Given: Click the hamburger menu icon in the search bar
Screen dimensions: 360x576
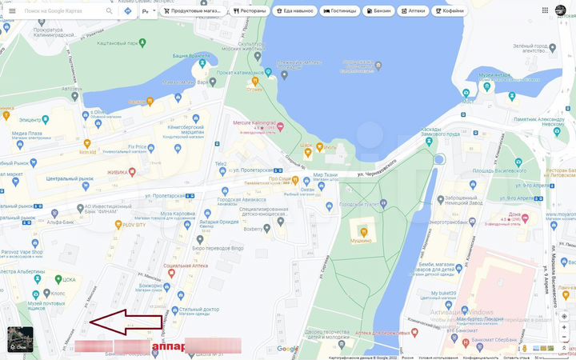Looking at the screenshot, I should click(11, 11).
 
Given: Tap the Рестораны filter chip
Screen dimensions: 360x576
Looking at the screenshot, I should click(249, 11).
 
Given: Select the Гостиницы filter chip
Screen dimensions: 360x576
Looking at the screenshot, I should click(340, 11).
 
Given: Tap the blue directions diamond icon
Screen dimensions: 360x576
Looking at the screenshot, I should click(127, 11).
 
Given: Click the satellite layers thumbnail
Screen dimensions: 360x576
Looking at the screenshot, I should click(20, 339).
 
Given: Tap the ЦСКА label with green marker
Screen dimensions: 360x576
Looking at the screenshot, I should click(69, 280).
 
